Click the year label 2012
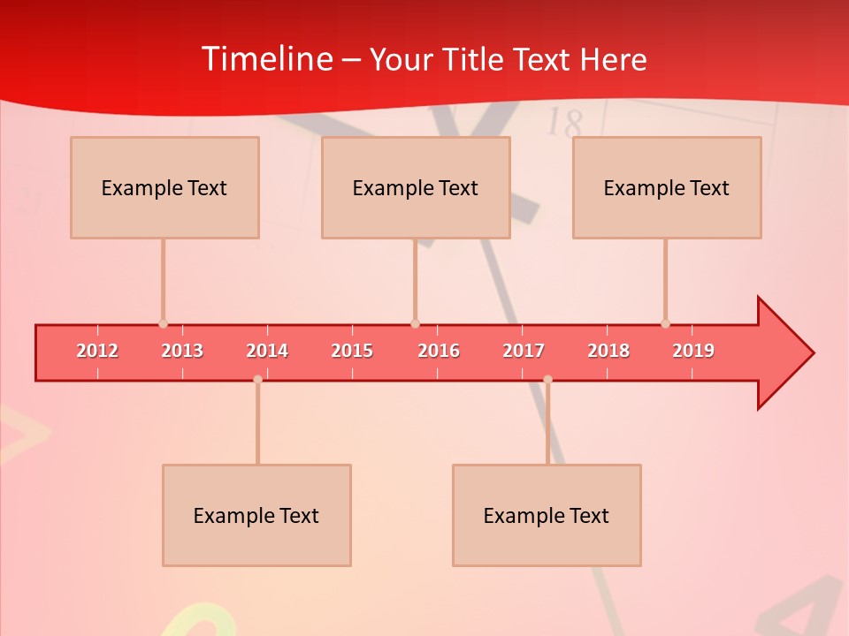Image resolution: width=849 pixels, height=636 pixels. [97, 351]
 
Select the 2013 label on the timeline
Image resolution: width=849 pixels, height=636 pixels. [182, 351]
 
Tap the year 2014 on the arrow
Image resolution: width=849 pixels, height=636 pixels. [267, 351]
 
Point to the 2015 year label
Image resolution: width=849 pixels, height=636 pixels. [352, 351]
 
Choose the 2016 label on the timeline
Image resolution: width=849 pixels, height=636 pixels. [439, 351]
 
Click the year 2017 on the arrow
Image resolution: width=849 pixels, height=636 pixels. [524, 351]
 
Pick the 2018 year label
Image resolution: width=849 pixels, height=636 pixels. [608, 351]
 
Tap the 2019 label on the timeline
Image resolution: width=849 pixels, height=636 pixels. [693, 351]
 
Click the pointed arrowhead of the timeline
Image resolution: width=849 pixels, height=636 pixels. [787, 353]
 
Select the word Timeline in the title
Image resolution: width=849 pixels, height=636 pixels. [266, 59]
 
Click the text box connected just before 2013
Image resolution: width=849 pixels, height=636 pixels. [164, 187]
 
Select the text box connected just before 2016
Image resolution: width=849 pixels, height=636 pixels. [416, 187]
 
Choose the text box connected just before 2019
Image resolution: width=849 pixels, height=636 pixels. [667, 187]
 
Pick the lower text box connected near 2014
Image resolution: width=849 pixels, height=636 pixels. [256, 515]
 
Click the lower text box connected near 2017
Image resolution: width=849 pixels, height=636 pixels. [547, 515]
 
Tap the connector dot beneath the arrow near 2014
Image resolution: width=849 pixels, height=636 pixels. [257, 379]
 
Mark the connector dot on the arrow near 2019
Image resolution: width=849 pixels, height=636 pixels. [665, 324]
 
